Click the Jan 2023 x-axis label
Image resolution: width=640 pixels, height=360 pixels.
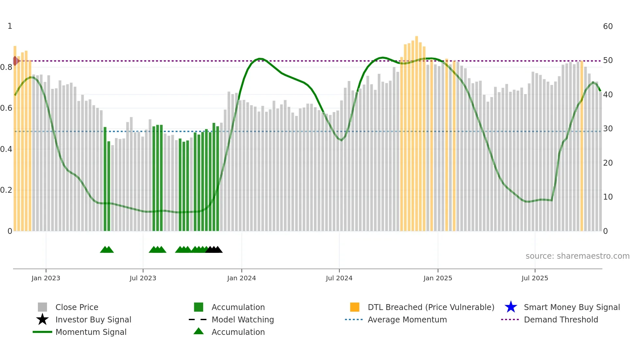click(46, 278)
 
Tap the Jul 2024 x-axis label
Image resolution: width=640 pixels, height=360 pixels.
click(339, 278)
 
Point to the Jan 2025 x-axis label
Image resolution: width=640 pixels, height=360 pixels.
click(438, 278)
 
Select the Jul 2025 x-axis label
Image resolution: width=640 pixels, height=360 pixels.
click(535, 278)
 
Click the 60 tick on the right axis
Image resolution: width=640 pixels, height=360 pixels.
click(608, 26)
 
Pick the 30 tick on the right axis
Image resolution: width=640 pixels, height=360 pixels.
click(608, 129)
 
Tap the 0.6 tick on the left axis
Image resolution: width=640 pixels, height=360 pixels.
click(6, 108)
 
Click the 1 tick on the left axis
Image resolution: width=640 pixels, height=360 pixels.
click(10, 26)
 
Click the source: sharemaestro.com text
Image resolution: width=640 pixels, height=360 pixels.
click(577, 256)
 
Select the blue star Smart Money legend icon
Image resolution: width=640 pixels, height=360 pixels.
click(511, 307)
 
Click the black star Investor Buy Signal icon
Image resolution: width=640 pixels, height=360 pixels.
click(42, 319)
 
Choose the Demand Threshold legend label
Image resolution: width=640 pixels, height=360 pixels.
click(561, 319)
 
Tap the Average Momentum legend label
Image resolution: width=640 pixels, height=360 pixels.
click(407, 319)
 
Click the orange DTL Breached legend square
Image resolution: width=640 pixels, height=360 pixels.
click(355, 307)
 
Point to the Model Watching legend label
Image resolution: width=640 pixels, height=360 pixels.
click(243, 319)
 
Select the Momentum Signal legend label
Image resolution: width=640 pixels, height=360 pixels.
click(91, 332)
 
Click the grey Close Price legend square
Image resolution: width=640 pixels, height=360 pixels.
click(42, 307)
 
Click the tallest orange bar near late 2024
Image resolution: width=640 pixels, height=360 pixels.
click(417, 131)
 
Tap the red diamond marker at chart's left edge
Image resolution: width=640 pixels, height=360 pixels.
click(15, 61)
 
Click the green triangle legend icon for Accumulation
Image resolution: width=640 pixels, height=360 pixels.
click(199, 331)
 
